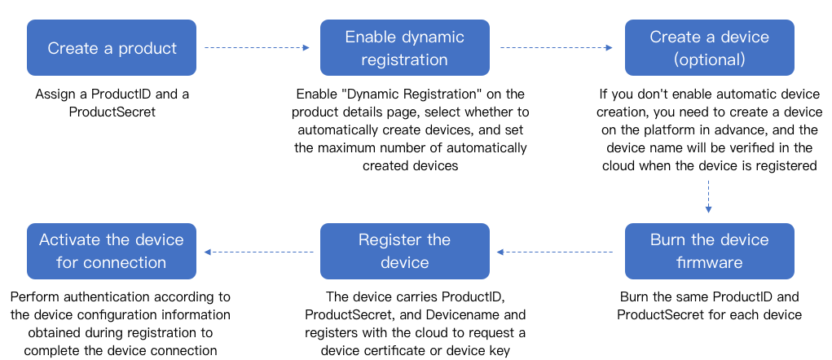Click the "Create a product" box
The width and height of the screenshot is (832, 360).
tap(112, 48)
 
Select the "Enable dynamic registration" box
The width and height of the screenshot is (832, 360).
tap(404, 48)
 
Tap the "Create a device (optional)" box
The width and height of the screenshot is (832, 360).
tap(709, 48)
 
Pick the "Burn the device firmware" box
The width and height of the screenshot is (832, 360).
tap(709, 251)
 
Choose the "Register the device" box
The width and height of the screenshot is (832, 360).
tap(404, 251)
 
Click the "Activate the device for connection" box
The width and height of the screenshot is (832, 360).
tap(112, 251)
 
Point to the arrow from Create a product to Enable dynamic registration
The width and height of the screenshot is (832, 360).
tap(257, 48)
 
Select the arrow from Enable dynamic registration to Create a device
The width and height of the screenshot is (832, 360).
tap(557, 48)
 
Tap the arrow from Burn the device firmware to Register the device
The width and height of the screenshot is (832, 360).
tap(557, 252)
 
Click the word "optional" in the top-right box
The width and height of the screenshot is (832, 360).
tap(710, 59)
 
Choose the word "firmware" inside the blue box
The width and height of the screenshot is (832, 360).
tap(709, 262)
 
